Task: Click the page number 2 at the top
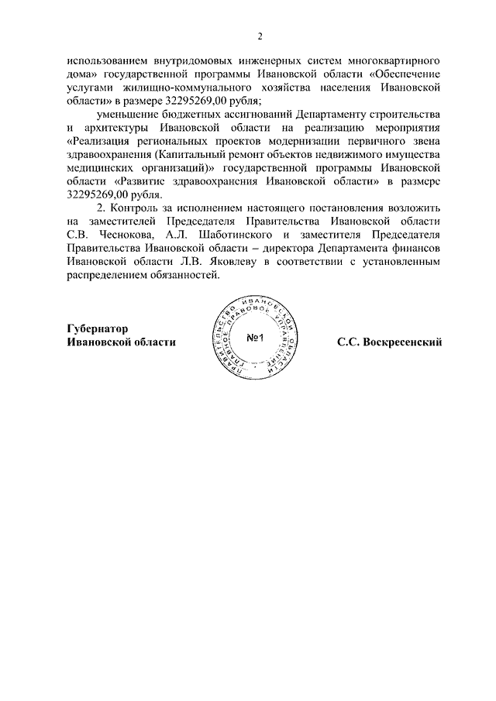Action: [260, 36]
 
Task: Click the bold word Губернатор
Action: [97, 328]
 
